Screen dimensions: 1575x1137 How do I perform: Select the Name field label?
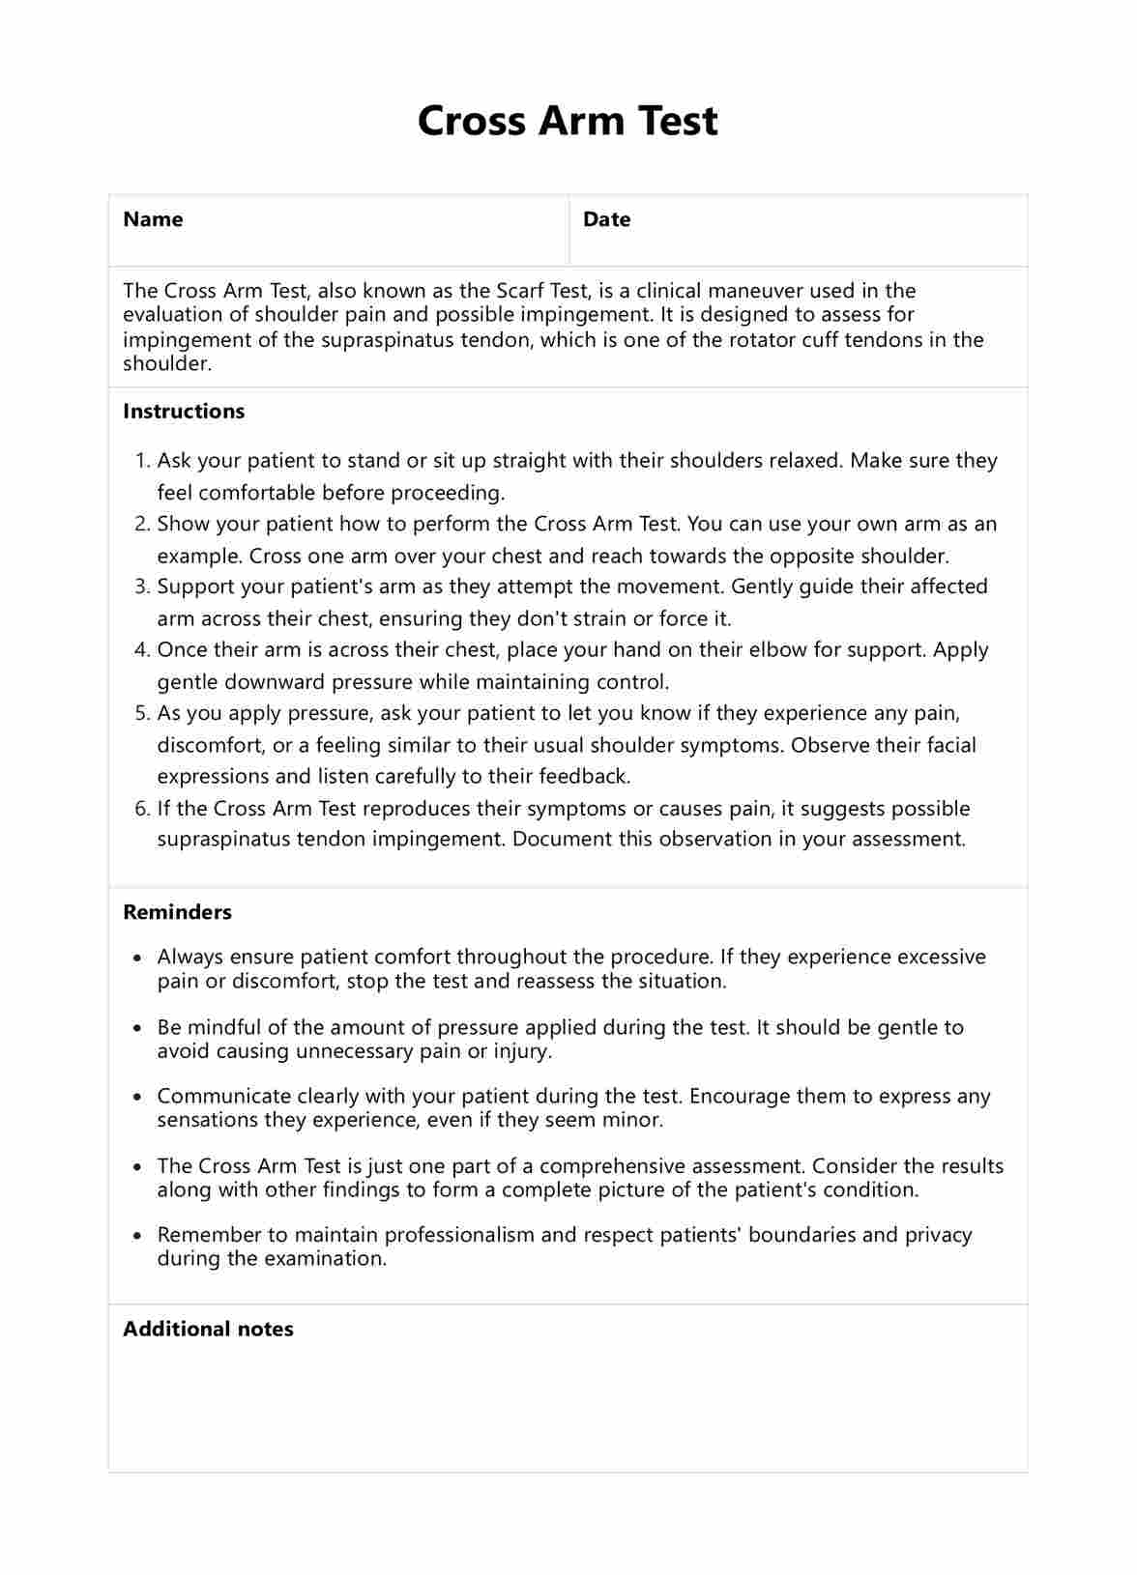153,219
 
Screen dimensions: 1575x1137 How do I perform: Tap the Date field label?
606,219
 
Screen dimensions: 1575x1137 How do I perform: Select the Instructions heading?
184,412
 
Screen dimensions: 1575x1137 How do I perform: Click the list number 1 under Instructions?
141,461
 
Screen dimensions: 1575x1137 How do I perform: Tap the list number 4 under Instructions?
141,650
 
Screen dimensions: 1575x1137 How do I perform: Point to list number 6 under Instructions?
141,809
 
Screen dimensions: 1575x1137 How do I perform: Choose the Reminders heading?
177,912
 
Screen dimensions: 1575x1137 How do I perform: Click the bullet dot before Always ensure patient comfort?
137,958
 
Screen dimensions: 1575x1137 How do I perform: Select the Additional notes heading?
208,1330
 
